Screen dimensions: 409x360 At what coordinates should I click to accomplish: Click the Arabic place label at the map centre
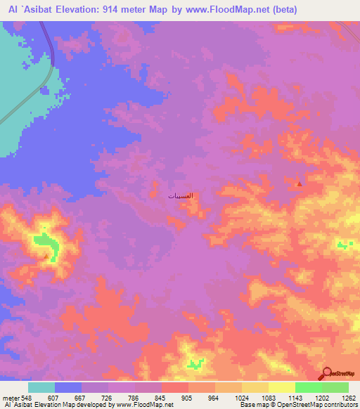pos(181,195)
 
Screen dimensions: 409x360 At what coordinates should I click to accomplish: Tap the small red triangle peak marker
pos(300,184)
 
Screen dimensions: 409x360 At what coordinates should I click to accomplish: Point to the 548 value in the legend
pos(26,396)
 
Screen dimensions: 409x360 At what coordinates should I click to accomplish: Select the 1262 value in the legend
pos(349,396)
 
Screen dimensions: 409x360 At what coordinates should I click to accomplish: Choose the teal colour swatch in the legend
pos(41,387)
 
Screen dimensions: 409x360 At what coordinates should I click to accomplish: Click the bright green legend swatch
pos(309,387)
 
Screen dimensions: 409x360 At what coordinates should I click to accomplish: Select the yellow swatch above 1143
pos(282,387)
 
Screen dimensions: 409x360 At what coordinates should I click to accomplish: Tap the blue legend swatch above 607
pos(68,387)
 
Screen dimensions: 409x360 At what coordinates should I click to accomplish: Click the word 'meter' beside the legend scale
pos(9,396)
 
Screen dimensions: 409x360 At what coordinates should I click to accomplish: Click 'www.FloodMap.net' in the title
pos(217,10)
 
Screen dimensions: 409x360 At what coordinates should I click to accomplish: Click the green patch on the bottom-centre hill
pos(195,363)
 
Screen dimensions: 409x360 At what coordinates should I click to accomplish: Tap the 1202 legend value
pos(322,396)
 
